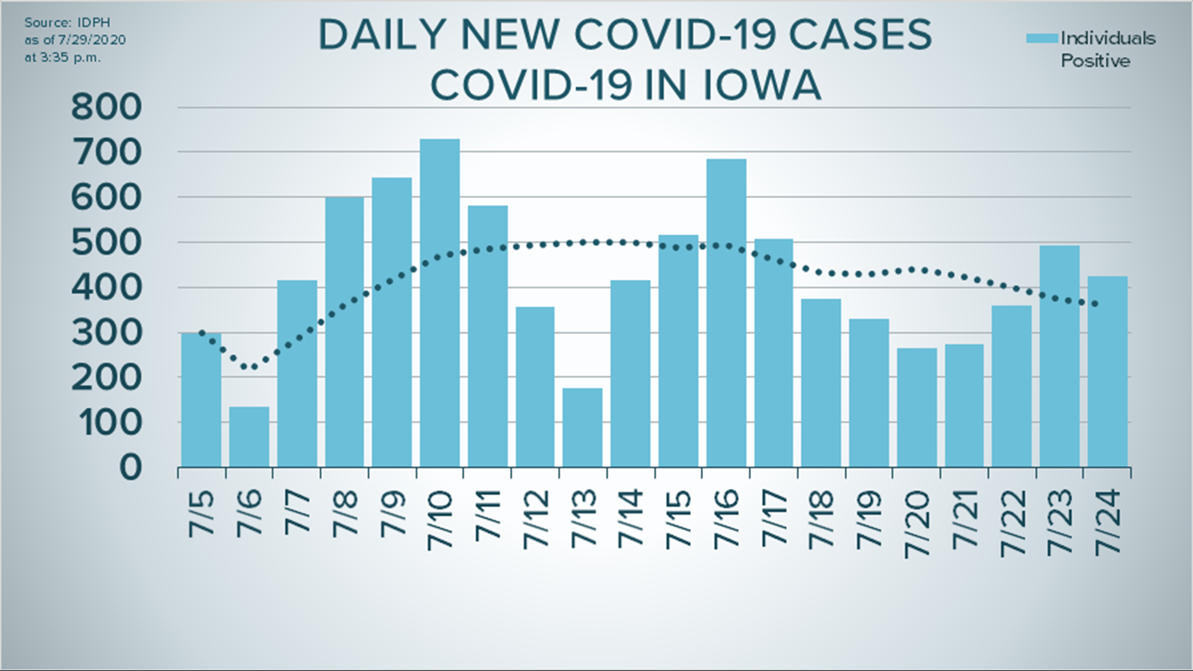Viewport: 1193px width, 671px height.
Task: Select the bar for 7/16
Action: (x=726, y=313)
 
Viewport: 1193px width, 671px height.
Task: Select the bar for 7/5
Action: (x=201, y=400)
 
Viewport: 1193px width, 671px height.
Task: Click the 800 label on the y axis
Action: (x=106, y=107)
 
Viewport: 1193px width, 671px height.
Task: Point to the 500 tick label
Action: (x=106, y=243)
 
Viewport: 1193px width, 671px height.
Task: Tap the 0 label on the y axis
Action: (x=130, y=467)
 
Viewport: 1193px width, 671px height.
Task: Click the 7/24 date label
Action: (x=1107, y=521)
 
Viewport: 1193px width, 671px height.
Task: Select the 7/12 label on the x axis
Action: (x=536, y=519)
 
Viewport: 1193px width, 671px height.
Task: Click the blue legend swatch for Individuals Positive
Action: (x=1041, y=39)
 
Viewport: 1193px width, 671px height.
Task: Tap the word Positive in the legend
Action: (x=1095, y=61)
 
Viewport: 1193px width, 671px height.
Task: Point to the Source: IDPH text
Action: (x=67, y=22)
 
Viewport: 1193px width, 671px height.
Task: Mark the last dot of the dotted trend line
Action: (x=1094, y=304)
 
